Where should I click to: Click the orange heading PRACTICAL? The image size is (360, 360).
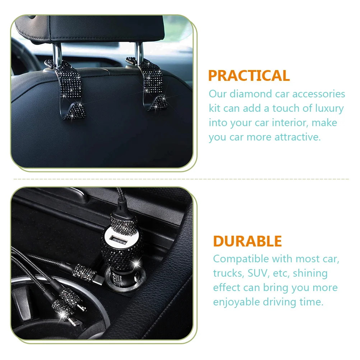[249, 76]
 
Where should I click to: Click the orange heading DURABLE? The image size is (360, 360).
[247, 241]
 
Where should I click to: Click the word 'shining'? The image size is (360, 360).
[310, 273]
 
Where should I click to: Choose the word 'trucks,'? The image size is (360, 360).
[228, 273]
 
